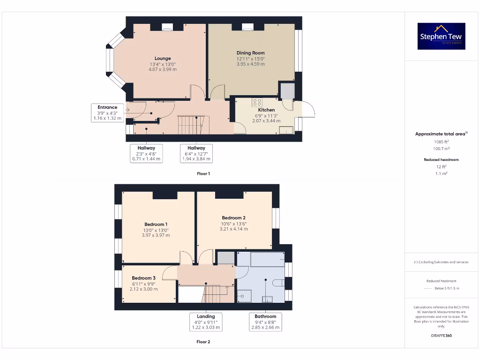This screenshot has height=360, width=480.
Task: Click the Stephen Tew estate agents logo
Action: (x=441, y=36)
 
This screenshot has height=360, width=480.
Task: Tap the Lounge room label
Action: (x=163, y=59)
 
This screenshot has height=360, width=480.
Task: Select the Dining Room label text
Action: (x=250, y=53)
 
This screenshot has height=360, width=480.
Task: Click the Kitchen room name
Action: (x=266, y=110)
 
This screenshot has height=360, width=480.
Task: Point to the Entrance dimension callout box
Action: (x=107, y=113)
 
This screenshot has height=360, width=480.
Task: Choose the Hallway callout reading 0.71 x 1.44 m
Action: (x=146, y=153)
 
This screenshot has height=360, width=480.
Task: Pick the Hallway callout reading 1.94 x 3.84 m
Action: (x=196, y=153)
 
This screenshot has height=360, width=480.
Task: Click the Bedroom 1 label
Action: (x=156, y=225)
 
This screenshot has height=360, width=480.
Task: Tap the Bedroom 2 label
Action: (x=234, y=218)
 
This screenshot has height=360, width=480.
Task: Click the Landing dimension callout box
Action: (x=206, y=322)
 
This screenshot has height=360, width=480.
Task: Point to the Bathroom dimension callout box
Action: (x=265, y=322)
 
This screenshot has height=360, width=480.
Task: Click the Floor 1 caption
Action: (x=203, y=173)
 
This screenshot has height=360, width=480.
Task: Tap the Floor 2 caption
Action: (x=203, y=342)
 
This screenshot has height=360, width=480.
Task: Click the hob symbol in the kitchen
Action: (x=257, y=102)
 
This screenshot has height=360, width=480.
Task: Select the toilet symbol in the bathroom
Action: (x=277, y=282)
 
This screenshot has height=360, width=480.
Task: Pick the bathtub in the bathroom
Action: (x=268, y=259)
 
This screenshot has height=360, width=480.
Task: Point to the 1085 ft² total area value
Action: (x=441, y=142)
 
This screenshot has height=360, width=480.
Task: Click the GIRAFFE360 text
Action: (x=441, y=336)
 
